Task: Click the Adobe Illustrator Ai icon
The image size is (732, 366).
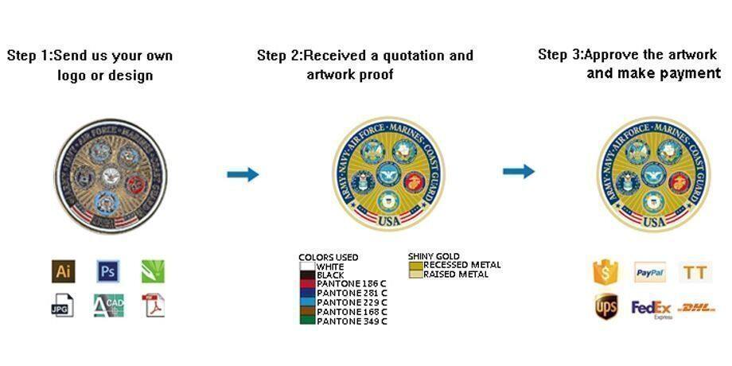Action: point(63,271)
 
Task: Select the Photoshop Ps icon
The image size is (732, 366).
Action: point(108,271)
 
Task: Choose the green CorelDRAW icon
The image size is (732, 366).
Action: point(153,271)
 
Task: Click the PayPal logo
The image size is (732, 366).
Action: point(649,272)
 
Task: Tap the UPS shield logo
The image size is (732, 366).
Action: point(606,306)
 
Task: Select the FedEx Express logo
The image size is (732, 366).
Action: point(652,308)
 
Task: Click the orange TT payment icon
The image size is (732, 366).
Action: point(695,273)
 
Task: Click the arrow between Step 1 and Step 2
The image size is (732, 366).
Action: point(243,174)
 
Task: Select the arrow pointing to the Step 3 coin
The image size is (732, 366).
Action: point(518,171)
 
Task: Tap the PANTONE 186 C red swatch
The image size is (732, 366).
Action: point(307,284)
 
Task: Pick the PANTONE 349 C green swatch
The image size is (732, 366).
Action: point(307,321)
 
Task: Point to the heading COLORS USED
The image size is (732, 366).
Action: point(328,257)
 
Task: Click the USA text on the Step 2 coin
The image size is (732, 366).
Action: point(389,220)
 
